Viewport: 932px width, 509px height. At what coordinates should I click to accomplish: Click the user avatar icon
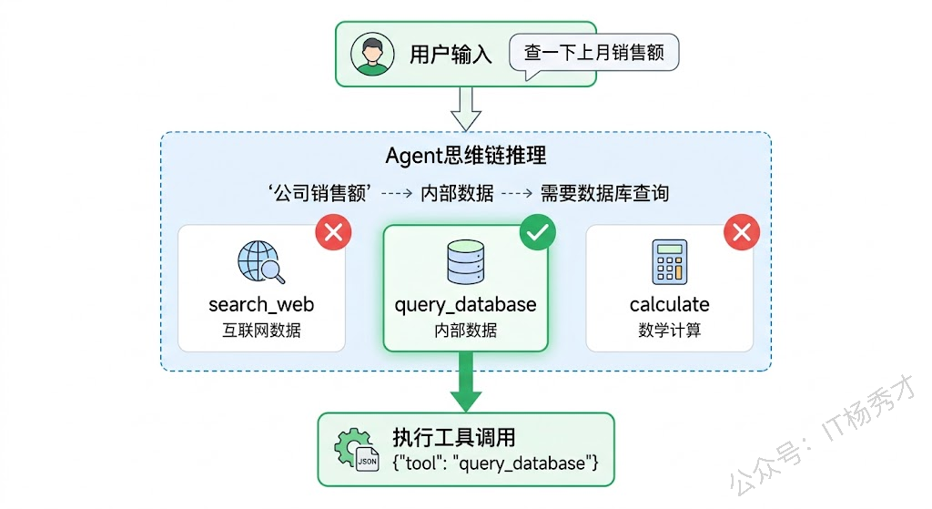tap(372, 55)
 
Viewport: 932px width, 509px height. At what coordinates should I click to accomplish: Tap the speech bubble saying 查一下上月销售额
tap(594, 52)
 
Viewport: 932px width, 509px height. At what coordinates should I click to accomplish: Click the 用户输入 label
tap(451, 55)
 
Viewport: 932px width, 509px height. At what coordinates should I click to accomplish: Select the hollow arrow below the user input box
tap(466, 108)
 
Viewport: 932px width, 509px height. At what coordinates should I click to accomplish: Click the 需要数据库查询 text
tap(604, 193)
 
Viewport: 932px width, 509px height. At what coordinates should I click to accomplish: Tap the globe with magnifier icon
tap(261, 262)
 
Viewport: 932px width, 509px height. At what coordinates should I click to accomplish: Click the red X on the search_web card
tap(333, 233)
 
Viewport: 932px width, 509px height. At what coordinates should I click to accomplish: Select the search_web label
tap(261, 305)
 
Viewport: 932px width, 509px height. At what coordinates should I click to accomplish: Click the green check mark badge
tap(538, 233)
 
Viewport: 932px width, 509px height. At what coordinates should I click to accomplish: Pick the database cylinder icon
tap(465, 262)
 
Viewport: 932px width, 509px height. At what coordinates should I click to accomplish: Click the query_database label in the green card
tap(465, 305)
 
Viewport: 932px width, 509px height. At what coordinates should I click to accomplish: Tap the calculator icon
tap(669, 262)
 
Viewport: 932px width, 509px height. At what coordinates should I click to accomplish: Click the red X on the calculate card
tap(742, 233)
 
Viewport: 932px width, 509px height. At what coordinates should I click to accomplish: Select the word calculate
tap(669, 305)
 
